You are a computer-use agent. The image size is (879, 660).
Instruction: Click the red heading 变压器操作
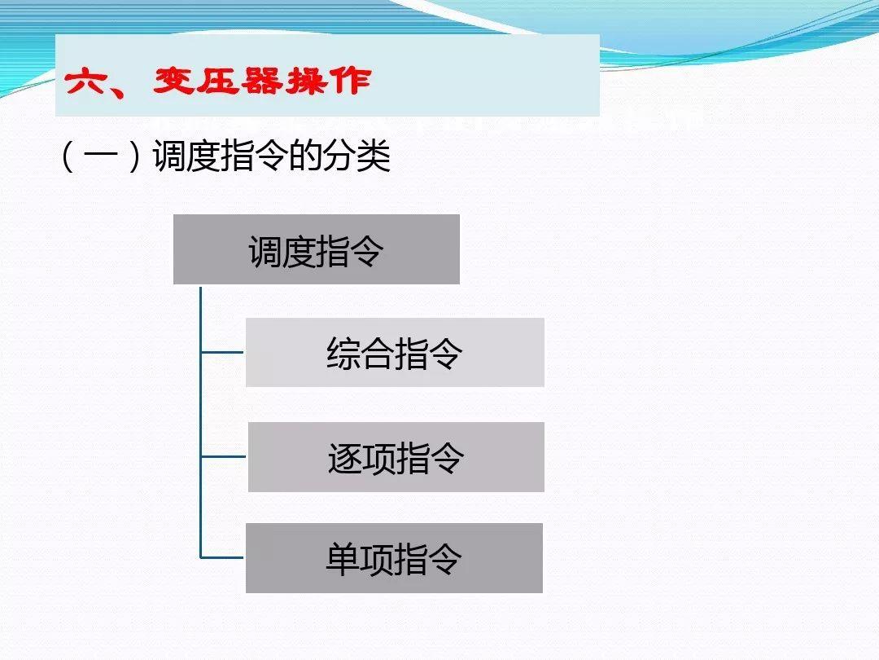261,81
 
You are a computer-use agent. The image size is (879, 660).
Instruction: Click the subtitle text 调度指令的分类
272,156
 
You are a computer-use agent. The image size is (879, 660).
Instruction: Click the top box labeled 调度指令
316,250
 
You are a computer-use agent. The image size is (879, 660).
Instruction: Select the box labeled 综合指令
395,353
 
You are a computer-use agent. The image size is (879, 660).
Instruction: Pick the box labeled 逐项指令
396,457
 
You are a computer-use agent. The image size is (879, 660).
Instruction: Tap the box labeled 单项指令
394,559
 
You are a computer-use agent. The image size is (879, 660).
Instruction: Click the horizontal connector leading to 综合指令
222,353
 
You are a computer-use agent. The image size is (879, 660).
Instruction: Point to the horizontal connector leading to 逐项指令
223,457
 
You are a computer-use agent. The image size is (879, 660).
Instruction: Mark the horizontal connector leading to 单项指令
222,558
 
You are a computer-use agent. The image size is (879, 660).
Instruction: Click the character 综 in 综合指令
343,354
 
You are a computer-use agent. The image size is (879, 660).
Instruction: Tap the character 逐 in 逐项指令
344,458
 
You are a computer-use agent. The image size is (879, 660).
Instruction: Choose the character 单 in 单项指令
343,560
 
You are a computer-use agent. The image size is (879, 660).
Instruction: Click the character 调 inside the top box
265,251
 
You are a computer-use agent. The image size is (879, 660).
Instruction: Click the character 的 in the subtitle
306,156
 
